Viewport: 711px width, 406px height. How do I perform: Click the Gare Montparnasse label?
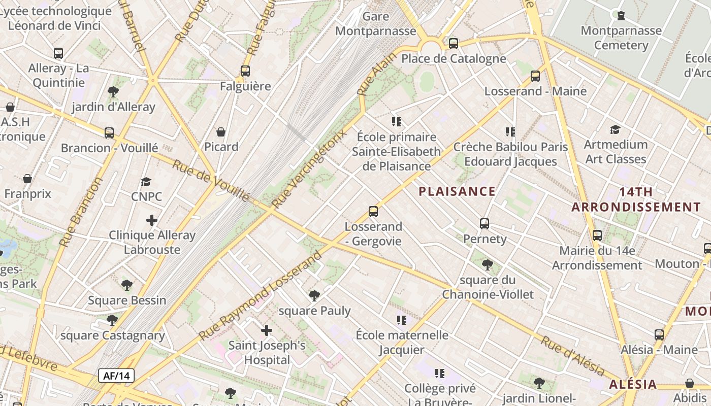click(x=376, y=23)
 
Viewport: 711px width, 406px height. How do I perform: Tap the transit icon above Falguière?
click(x=245, y=71)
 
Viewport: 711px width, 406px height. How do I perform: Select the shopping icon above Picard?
click(x=221, y=132)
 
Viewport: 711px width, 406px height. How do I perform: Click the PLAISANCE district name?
click(x=457, y=191)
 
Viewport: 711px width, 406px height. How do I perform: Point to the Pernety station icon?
click(x=484, y=223)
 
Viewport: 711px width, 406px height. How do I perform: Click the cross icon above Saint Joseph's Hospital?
click(x=267, y=331)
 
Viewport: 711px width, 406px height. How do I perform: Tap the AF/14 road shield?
click(x=116, y=376)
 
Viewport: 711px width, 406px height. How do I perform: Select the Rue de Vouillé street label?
click(x=210, y=180)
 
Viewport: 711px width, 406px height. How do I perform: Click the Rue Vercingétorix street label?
click(x=309, y=168)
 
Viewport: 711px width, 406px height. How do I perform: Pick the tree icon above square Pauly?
click(x=314, y=295)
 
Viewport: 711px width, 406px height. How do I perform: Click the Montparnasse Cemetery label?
click(x=621, y=38)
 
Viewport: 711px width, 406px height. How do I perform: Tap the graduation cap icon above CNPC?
click(x=146, y=182)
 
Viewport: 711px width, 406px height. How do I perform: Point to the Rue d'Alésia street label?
click(x=572, y=356)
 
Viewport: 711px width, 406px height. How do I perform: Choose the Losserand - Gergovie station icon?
click(x=373, y=211)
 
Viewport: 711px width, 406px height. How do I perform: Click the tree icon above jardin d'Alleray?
click(x=113, y=92)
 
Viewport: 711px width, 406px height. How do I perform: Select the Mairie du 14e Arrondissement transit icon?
click(x=597, y=235)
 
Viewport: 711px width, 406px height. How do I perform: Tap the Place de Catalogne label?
click(x=454, y=58)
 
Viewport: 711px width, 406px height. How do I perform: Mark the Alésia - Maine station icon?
click(x=659, y=335)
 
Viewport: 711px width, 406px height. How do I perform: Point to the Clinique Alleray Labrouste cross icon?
click(x=152, y=220)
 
